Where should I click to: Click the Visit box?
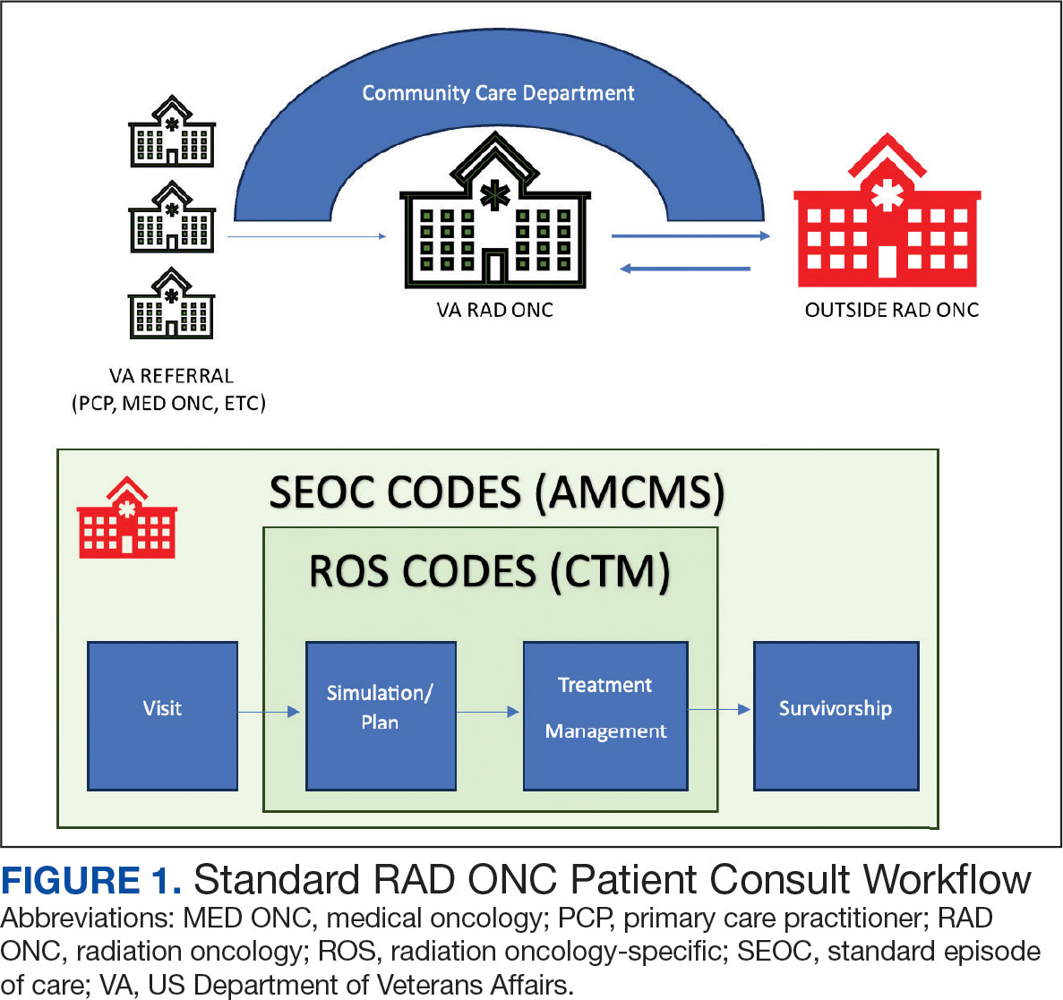pos(163,715)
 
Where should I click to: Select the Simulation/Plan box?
pos(381,715)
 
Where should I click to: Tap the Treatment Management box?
pos(605,715)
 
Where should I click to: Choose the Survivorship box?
pos(836,715)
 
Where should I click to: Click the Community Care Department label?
pos(498,93)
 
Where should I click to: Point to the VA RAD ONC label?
pos(495,310)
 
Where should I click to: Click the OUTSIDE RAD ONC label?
pos(891,310)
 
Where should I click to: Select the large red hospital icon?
pos(887,211)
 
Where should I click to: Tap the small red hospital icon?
pos(127,517)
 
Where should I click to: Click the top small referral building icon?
pos(172,132)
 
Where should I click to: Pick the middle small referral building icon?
pos(172,217)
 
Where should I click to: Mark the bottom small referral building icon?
pos(172,303)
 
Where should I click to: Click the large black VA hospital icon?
pos(495,210)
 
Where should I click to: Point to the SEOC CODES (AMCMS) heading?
pos(497,491)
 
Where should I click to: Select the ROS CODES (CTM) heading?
pos(490,571)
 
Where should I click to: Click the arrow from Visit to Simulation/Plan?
pos(270,712)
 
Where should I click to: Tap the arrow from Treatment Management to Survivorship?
pos(720,709)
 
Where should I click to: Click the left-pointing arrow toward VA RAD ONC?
pos(685,269)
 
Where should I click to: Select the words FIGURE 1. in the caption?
pos(91,881)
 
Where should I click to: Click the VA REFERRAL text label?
pos(171,375)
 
